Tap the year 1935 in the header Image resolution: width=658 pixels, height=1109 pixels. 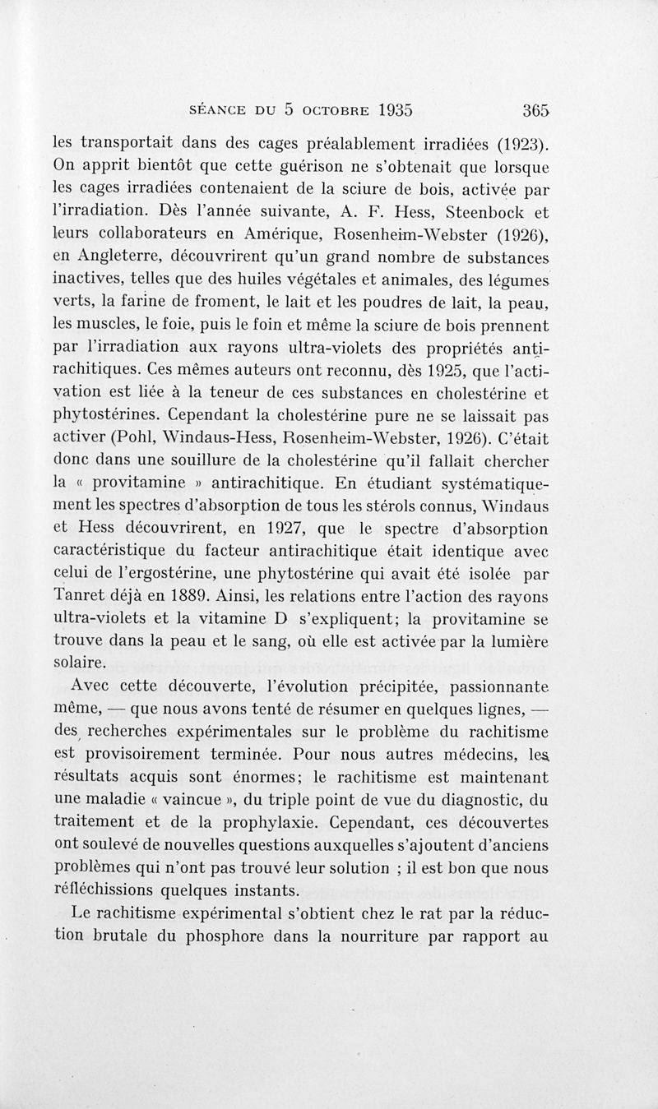click(384, 110)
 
